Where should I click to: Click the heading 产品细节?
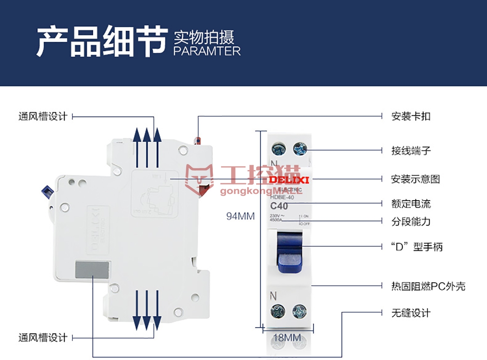point(102,42)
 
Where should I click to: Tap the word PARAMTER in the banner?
point(207,51)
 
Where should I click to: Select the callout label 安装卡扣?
point(411,117)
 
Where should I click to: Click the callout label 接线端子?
point(411,151)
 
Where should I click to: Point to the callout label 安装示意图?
point(415,179)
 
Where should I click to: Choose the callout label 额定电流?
point(411,203)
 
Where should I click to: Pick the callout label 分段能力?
point(411,222)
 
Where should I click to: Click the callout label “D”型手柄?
point(417,247)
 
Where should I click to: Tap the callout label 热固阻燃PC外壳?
point(428,286)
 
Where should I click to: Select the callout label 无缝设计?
point(411,313)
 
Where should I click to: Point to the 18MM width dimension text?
point(287,338)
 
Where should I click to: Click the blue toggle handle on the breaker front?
point(289,252)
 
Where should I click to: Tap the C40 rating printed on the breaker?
point(279,206)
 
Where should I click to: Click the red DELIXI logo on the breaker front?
point(289,180)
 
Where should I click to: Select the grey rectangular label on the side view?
point(92,271)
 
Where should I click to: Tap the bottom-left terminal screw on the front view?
point(278,311)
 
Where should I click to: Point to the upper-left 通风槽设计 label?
point(43,117)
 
